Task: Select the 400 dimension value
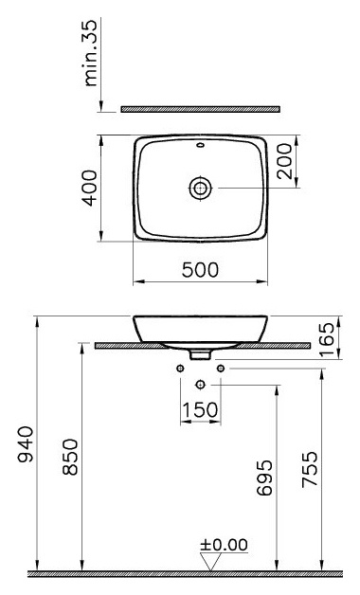tap(90, 189)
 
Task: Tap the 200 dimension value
tap(285, 161)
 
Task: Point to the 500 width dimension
tap(200, 270)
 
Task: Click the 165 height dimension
tap(327, 339)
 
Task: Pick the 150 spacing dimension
tap(200, 410)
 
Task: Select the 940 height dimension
tap(26, 444)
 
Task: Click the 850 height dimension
tap(70, 458)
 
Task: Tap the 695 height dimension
tap(264, 478)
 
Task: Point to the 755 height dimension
tap(309, 469)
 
